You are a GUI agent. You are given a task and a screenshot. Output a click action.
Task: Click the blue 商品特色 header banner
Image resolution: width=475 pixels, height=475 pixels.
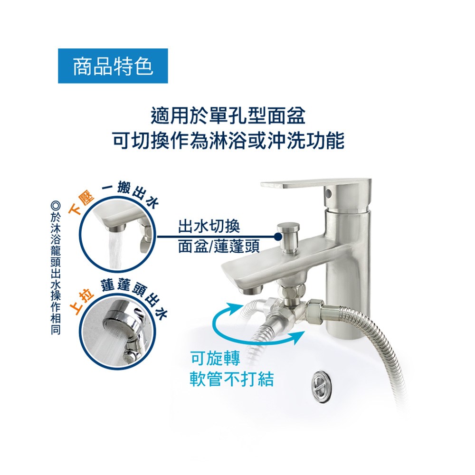coord(113,66)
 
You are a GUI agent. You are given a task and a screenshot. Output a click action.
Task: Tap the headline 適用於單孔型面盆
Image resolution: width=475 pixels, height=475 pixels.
coord(228,116)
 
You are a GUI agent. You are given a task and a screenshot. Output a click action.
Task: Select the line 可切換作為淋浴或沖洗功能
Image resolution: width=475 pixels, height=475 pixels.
coord(228,141)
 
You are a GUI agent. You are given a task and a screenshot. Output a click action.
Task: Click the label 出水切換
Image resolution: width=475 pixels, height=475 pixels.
coord(209,226)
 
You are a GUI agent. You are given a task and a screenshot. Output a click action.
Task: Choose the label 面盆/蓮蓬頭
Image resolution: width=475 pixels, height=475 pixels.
coord(218,246)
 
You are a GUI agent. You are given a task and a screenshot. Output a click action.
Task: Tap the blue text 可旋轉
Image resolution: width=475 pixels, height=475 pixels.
coord(215,358)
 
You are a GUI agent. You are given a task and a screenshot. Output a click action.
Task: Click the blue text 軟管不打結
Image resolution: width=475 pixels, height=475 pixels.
coord(232,379)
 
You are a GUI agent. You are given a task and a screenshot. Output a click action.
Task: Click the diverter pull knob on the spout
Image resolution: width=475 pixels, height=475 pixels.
coord(289,236)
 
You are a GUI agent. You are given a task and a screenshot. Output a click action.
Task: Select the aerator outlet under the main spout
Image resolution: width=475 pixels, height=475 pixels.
coord(251,290)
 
